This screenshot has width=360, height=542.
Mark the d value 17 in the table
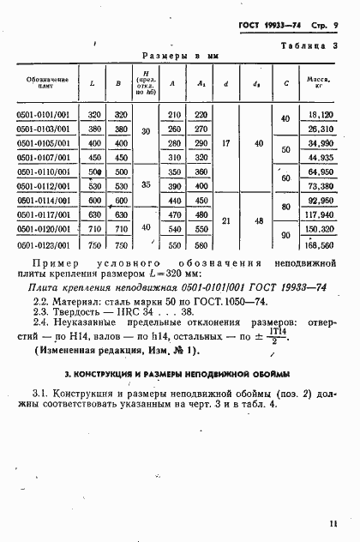(x=225, y=143)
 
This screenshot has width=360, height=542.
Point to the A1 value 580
(x=201, y=244)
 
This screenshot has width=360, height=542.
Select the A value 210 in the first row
(x=176, y=115)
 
